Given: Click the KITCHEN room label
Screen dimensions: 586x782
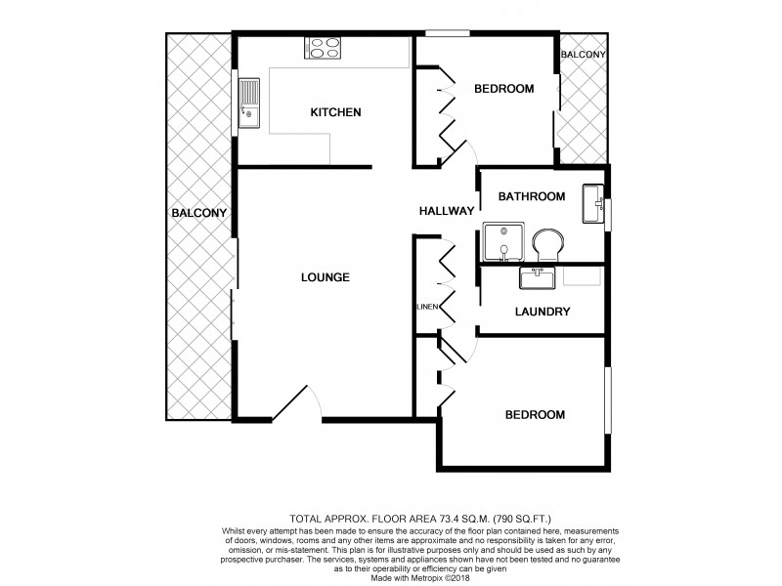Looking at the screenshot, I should [x=335, y=112].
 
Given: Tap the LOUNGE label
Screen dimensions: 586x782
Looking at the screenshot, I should [x=325, y=277].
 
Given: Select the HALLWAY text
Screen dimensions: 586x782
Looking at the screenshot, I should [x=446, y=211].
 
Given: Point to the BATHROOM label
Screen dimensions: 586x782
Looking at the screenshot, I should [x=531, y=196].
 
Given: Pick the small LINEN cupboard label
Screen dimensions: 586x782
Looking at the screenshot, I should [x=426, y=307].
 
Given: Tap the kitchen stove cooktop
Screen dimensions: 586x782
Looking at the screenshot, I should [x=325, y=47].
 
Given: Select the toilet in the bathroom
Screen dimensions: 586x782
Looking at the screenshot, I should [x=546, y=245].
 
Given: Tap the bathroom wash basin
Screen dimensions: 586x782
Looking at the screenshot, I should [x=592, y=203].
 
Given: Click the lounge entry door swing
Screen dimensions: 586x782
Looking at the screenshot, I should [x=297, y=402].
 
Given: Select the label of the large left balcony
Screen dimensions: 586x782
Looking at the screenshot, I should [x=198, y=213].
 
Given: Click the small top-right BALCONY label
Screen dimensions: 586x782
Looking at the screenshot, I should [x=584, y=55].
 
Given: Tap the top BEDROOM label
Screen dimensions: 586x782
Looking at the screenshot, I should [x=503, y=89].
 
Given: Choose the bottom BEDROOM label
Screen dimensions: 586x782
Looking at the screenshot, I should [x=535, y=414].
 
